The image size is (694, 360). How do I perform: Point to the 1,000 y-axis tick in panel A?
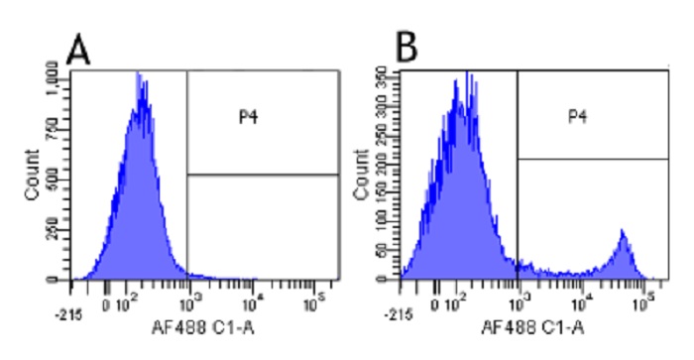[x=53, y=75]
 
